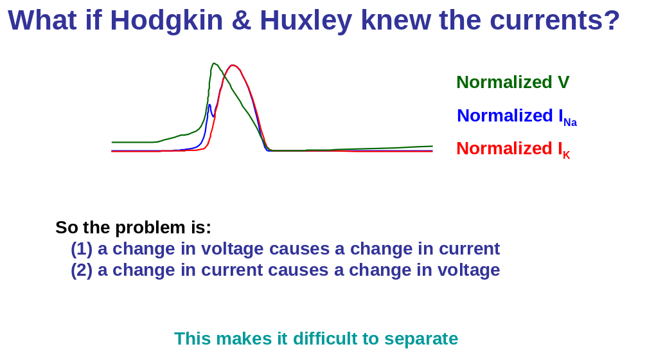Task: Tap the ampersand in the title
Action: point(241,20)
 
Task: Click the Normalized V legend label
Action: point(513,82)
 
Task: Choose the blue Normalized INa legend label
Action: point(517,116)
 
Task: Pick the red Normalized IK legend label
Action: point(513,149)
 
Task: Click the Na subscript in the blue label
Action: point(571,122)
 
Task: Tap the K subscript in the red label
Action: point(567,156)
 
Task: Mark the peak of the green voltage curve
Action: point(214,64)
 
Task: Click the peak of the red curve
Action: point(233,66)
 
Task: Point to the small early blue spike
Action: point(209,105)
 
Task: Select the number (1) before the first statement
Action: point(81,249)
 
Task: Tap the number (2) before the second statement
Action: point(81,270)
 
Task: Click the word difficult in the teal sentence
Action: point(320,338)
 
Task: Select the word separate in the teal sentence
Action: point(421,339)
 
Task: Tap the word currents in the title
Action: point(543,21)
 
